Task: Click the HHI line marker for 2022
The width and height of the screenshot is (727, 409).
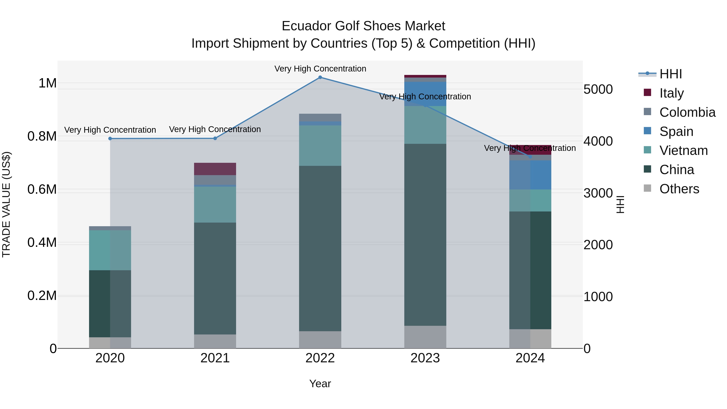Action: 320,77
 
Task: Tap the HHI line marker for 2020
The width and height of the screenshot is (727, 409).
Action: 110,139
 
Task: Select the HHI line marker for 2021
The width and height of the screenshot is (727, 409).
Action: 215,138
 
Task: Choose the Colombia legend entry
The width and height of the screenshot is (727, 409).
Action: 687,112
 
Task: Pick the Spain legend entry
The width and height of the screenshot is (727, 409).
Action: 676,131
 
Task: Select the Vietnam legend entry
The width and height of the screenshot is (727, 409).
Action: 683,150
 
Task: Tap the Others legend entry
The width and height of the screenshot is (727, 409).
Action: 679,189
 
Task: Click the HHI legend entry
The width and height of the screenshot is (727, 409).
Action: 670,74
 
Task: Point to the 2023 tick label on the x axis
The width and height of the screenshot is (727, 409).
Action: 425,358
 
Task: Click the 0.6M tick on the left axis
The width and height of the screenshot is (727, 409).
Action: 42,189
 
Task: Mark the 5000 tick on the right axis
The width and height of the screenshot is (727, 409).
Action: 598,89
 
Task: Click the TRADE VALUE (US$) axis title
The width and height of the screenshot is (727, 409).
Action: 6,204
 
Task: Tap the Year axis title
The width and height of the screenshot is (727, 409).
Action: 320,384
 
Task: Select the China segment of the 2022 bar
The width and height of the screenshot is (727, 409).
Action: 320,248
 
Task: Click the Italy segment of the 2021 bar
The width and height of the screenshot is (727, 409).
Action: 215,169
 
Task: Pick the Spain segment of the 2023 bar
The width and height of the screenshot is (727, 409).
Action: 425,94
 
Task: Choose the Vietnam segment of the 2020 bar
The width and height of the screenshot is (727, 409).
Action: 110,250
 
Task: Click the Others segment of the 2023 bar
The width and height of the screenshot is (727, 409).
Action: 425,337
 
